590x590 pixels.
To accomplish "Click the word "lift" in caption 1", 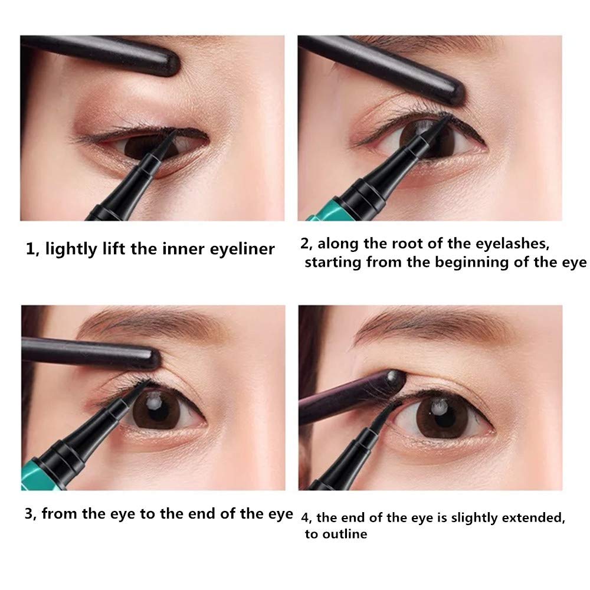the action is pyautogui.click(x=114, y=249).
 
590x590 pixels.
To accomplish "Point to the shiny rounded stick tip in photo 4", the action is pyautogui.click(x=396, y=379).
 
